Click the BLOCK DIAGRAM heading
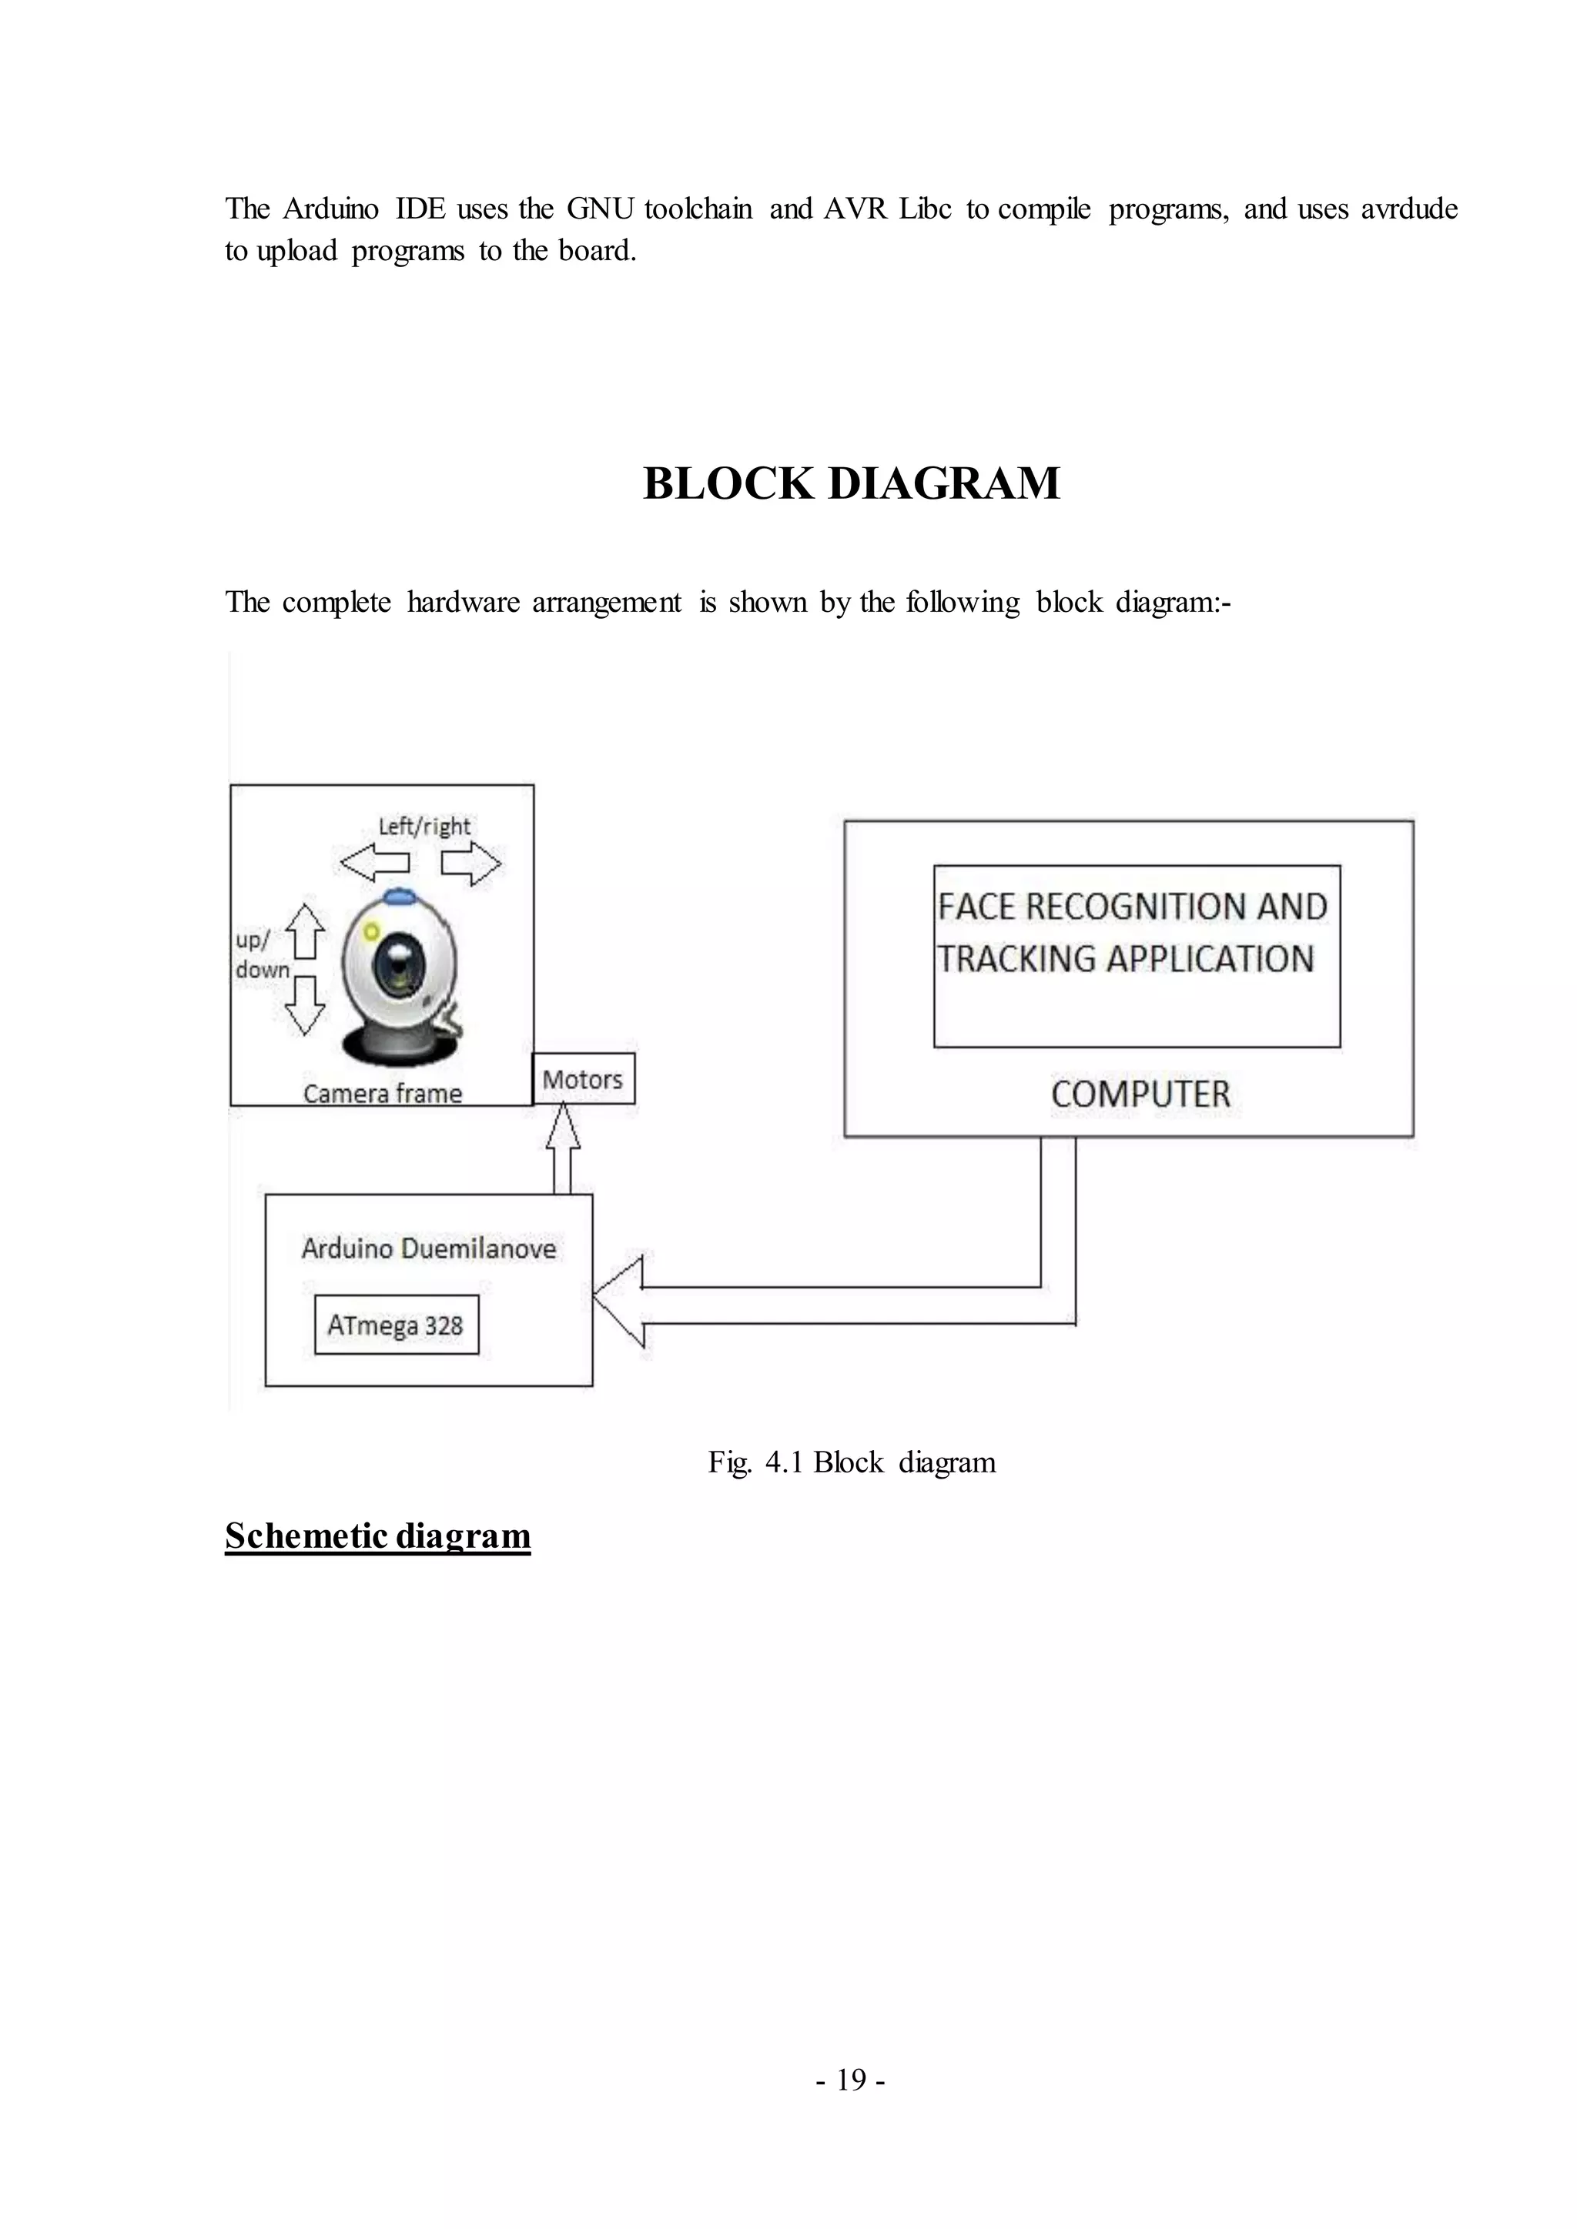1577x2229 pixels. (x=851, y=483)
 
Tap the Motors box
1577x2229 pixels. (x=583, y=1078)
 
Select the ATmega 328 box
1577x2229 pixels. (x=397, y=1324)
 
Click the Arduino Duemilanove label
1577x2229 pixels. (x=428, y=1248)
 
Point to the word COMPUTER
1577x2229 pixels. (x=1140, y=1094)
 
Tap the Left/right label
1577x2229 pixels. (x=424, y=826)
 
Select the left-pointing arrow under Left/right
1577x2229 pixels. (x=374, y=862)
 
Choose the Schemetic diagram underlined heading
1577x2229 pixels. (x=378, y=1535)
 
